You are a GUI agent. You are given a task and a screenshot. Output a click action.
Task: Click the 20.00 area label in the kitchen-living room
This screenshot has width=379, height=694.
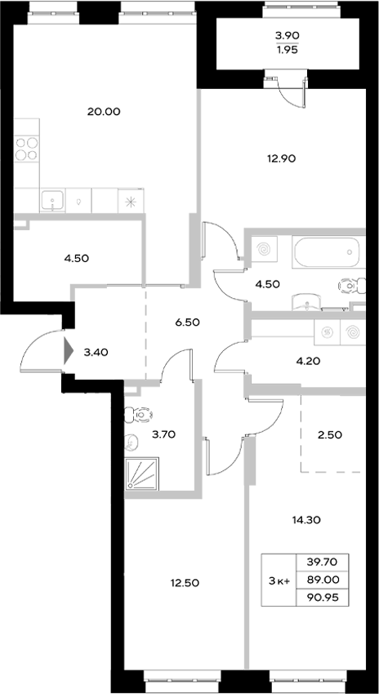[x=104, y=112]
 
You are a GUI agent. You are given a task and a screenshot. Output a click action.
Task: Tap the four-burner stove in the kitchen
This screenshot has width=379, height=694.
[x=27, y=152]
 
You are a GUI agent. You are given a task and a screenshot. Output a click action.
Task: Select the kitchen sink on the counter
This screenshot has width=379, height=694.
[x=53, y=199]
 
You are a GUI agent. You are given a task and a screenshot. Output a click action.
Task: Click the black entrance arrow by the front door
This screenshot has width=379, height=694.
[x=68, y=352]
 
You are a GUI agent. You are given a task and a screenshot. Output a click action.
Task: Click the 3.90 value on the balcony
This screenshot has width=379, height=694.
[x=286, y=35]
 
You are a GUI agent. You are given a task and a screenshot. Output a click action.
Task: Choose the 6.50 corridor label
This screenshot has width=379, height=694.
[x=187, y=322]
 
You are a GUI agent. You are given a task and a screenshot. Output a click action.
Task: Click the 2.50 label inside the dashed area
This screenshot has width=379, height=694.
[x=331, y=434]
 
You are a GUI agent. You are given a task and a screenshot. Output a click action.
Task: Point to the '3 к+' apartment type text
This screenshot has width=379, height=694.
[x=279, y=581]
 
